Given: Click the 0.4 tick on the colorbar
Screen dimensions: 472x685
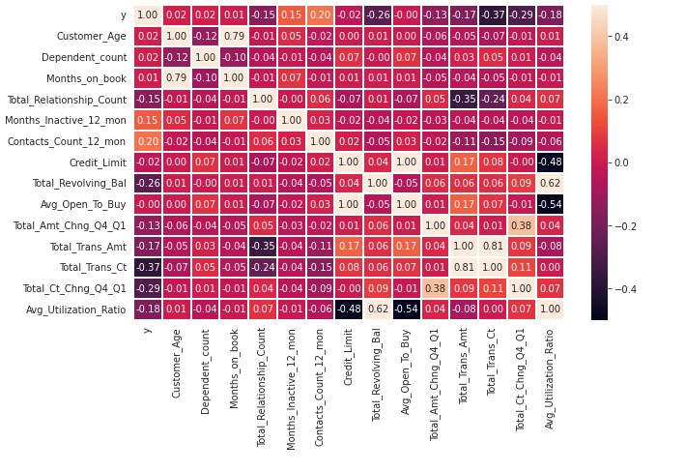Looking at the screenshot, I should point(614,36).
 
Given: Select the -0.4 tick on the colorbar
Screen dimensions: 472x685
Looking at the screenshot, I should point(618,289).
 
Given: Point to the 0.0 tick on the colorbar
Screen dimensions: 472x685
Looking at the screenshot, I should point(614,162).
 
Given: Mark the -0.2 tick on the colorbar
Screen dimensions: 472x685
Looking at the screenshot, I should point(618,225).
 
